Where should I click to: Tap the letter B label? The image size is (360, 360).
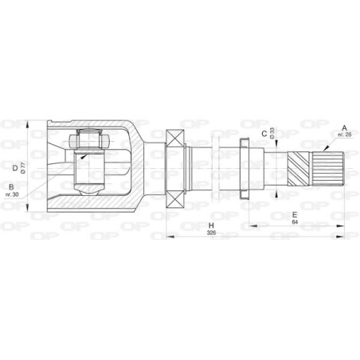coord(10,186)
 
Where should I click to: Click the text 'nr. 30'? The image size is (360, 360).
coord(10,194)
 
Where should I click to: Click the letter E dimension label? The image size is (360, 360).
coord(295,214)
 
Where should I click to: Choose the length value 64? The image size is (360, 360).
coord(295,223)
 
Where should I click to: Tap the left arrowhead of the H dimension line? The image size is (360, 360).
coord(169,237)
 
